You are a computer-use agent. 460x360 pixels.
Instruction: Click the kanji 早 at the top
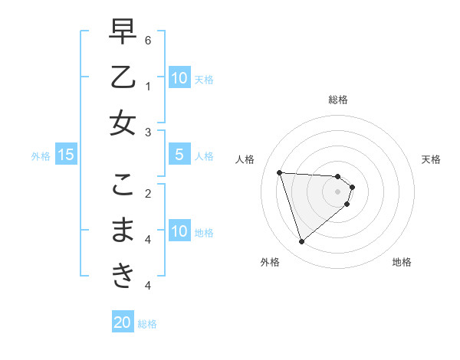123,33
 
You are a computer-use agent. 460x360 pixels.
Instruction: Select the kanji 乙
123,77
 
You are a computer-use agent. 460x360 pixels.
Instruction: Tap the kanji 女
123,123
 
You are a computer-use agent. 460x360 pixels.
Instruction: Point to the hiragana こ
123,185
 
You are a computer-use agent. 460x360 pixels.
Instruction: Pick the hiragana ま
123,230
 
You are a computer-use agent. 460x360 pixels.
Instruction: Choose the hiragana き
123,275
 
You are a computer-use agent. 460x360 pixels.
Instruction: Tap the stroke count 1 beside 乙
148,85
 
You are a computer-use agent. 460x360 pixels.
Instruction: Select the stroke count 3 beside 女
148,132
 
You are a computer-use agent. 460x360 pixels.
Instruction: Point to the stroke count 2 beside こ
148,192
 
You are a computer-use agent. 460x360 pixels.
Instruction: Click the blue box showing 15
65,155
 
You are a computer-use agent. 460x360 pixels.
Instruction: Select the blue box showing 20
123,322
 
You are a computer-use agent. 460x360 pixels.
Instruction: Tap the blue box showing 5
179,155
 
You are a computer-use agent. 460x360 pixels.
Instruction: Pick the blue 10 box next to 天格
179,77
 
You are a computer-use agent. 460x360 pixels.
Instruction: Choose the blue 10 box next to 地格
179,231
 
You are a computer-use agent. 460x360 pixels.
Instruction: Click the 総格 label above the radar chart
338,100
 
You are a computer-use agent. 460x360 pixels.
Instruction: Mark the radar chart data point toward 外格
301,242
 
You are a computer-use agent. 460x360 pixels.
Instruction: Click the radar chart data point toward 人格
279,172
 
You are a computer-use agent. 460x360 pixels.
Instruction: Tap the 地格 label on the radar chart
402,263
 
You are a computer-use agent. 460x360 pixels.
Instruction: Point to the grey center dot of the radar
338,201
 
